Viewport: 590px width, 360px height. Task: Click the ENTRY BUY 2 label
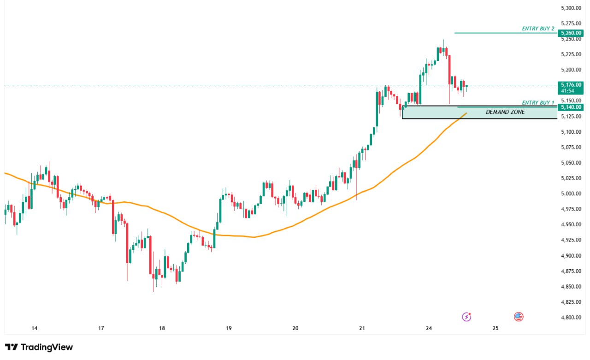538,29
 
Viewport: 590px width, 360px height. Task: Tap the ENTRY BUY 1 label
538,103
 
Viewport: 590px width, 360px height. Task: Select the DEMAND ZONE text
505,112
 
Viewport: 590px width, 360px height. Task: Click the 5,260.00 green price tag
571,33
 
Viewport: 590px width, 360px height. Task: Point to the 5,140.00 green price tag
571,107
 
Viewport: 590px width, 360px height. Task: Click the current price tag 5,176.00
571,85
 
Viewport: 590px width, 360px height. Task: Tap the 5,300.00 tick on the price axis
571,8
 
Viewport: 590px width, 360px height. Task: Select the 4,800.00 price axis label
571,318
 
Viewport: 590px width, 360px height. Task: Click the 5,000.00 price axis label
571,194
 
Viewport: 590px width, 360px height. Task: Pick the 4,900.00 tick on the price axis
571,256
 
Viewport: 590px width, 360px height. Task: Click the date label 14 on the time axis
34,329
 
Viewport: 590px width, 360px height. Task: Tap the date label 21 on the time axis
362,329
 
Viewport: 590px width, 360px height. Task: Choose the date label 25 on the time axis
496,329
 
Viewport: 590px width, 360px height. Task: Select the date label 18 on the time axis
162,329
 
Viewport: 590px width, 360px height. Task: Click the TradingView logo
39,347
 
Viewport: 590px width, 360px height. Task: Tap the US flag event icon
519,317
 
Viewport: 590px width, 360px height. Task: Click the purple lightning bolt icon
467,317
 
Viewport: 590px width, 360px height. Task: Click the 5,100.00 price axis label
571,132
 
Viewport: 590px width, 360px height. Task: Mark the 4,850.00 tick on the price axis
571,287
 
